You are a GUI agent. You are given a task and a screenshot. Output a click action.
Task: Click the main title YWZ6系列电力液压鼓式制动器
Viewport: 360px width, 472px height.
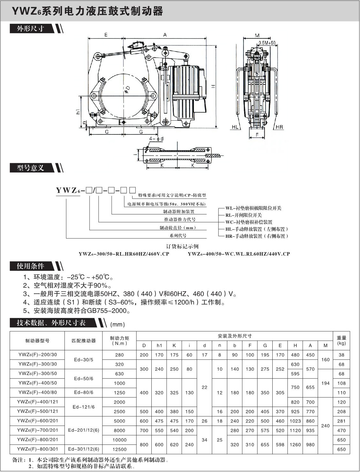point(87,11)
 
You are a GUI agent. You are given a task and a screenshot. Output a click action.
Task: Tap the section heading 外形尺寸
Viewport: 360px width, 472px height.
point(30,29)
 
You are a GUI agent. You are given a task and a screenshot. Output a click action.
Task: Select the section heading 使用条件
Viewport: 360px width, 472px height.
point(30,266)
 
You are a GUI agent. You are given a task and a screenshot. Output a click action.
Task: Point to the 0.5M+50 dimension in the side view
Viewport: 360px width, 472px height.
point(267,43)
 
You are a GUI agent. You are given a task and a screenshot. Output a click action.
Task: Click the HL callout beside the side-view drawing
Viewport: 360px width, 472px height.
point(235,127)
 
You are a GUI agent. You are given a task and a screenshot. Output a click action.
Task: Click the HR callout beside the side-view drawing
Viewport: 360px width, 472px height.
point(279,127)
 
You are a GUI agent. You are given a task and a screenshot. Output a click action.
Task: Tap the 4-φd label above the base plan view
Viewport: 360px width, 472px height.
point(156,139)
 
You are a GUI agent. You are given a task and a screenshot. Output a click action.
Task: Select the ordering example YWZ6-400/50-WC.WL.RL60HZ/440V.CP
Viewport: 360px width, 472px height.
point(239,254)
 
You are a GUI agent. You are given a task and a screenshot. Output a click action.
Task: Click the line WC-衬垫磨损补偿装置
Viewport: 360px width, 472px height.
point(249,222)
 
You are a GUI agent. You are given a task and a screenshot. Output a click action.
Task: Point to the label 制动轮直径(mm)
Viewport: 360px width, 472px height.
point(178,228)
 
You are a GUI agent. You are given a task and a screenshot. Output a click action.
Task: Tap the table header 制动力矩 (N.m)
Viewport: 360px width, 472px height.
point(119,341)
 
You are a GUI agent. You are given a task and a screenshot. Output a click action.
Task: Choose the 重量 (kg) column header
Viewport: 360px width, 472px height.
point(341,340)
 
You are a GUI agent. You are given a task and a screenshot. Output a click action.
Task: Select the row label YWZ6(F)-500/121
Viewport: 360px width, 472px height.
point(37,412)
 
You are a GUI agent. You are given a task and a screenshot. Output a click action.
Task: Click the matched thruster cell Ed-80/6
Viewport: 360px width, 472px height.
point(84,393)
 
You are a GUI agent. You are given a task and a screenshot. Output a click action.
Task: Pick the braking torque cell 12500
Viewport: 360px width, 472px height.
point(119,449)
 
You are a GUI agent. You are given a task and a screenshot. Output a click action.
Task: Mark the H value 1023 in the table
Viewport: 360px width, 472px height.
point(295,421)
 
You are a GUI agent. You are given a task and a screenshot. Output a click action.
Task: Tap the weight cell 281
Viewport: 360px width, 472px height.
point(341,421)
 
